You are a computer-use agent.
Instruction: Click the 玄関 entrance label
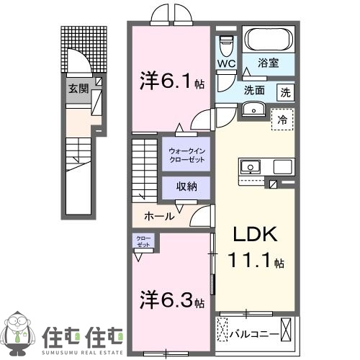[x=78, y=89]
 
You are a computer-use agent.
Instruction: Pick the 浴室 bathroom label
[x=270, y=63]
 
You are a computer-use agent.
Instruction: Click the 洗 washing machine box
[x=286, y=92]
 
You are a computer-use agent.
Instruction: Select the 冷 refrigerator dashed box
[x=282, y=119]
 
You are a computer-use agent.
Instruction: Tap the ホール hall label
[x=158, y=215]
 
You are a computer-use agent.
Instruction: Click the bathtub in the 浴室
[x=267, y=38]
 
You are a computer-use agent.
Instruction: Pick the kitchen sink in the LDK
[x=250, y=166]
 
